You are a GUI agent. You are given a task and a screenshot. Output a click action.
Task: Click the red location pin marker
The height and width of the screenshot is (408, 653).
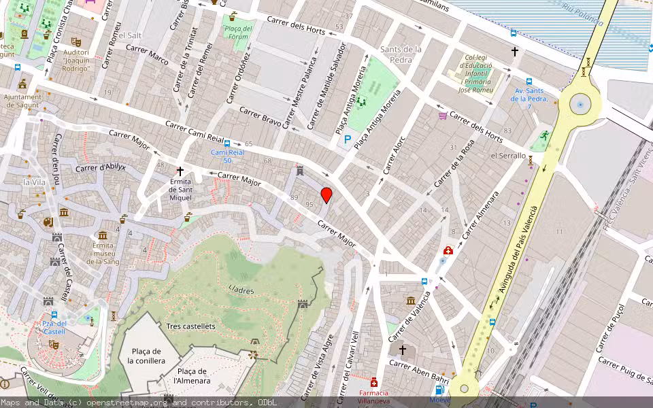tap(326, 194)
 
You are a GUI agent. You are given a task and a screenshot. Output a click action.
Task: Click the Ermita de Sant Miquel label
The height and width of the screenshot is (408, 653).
tap(180, 188)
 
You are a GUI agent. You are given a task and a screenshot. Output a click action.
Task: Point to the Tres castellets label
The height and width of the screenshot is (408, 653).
tap(190, 326)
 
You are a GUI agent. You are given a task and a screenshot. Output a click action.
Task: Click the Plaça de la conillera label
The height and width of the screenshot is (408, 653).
tap(146, 356)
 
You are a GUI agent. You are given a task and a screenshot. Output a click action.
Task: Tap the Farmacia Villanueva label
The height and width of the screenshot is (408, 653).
tap(373, 397)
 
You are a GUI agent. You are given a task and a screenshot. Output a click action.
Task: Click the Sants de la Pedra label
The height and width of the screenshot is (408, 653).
tap(401, 54)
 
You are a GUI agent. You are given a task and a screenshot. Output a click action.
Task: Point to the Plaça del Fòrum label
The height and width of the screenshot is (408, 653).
tap(237, 33)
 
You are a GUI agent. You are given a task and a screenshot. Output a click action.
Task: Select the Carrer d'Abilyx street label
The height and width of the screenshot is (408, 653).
tap(101, 168)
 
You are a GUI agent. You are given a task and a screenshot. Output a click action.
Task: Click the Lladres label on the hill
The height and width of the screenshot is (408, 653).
tap(241, 290)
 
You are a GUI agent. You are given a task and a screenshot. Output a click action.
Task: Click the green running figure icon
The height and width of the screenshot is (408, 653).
tap(543, 136)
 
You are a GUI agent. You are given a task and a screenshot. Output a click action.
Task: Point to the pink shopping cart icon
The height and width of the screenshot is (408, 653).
tap(443, 116)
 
